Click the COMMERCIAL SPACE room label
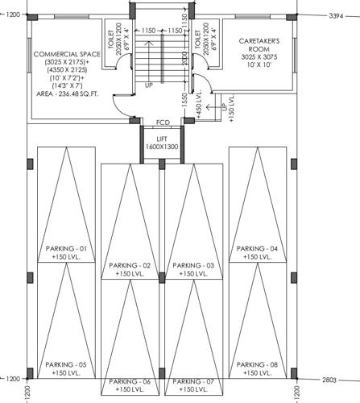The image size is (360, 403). point(65,54)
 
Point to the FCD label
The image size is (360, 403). point(161,123)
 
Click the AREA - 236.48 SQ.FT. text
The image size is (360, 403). point(66,93)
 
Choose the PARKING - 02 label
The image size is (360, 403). point(133,265)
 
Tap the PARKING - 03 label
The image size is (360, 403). point(193,265)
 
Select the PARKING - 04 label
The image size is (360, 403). point(258,248)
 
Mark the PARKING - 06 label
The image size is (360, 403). point(130,381)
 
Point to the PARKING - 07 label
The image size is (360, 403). point(193,381)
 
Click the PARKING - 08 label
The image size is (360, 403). point(258,364)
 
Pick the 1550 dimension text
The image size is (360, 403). point(184,100)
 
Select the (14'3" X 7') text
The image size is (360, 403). point(66,84)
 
